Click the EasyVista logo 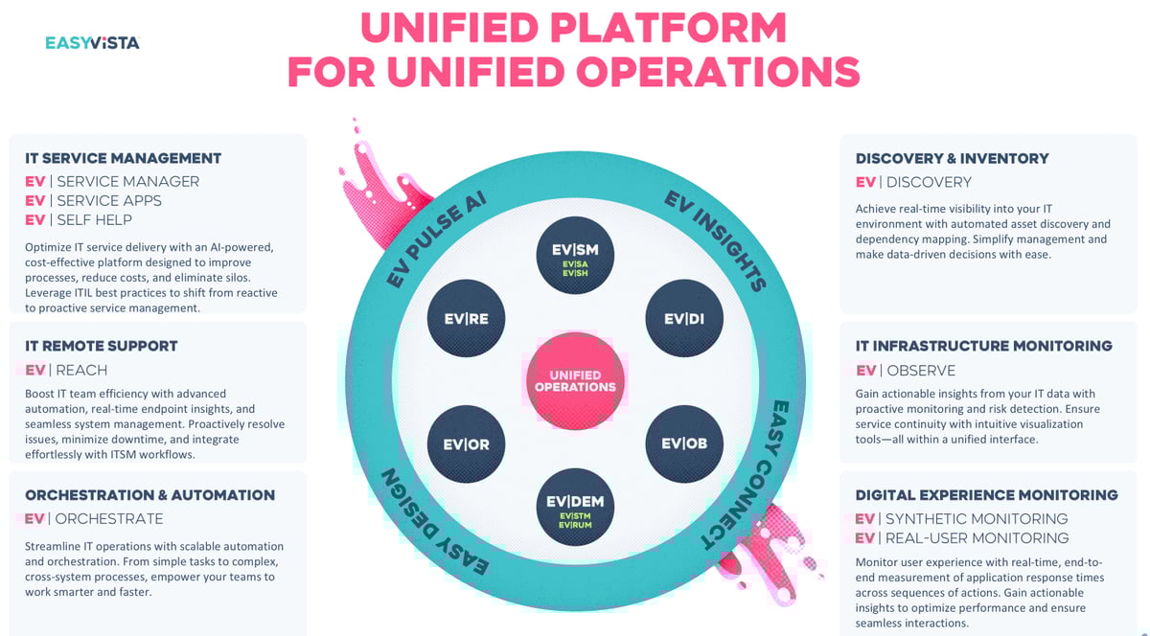[x=92, y=42]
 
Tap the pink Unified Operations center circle [x=575, y=380]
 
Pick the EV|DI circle [x=683, y=319]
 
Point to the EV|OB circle [x=683, y=443]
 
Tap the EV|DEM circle [x=575, y=507]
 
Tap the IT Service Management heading [x=123, y=158]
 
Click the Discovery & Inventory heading [x=952, y=158]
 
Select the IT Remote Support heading [x=102, y=346]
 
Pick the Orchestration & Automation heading [x=149, y=495]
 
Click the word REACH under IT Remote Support [x=81, y=371]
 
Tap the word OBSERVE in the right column [x=921, y=371]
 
